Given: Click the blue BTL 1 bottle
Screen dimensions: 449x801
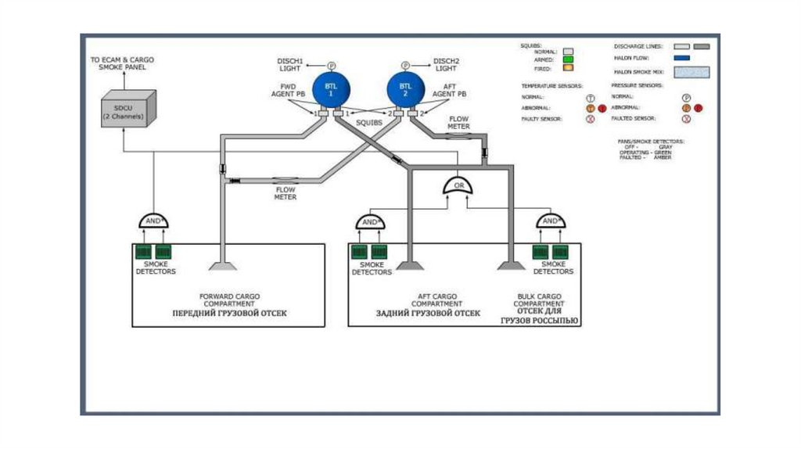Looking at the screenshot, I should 330,89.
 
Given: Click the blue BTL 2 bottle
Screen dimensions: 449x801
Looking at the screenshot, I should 405,89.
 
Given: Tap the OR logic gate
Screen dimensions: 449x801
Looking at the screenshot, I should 460,187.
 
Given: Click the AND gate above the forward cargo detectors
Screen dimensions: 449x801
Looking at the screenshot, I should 155,221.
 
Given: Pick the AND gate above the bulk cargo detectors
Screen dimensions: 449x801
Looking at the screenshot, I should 551,221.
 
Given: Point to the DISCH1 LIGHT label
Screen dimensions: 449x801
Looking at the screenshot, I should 290,64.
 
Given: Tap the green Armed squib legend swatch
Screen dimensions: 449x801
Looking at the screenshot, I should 568,59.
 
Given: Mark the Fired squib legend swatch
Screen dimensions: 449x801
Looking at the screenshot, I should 568,69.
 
